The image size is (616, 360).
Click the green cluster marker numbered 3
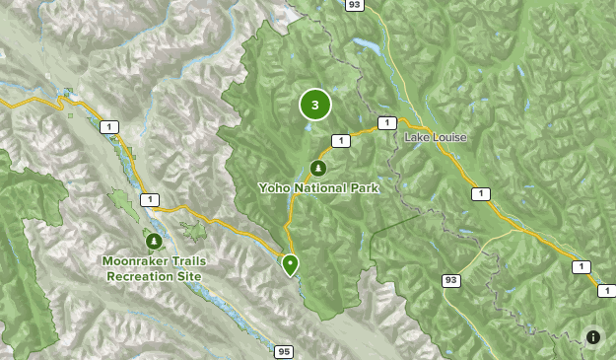click(314, 105)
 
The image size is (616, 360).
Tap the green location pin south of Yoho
click(290, 264)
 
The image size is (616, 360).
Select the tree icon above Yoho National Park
click(317, 169)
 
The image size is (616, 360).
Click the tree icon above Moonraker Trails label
click(153, 240)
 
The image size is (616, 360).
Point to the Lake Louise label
click(435, 137)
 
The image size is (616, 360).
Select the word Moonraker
click(135, 260)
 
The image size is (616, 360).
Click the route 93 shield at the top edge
click(354, 6)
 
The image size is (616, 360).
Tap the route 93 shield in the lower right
click(451, 281)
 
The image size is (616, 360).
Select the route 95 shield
click(284, 351)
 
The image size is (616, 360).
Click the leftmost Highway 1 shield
click(106, 126)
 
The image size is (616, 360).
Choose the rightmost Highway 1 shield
click(580, 267)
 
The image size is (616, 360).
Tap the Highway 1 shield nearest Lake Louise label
click(386, 123)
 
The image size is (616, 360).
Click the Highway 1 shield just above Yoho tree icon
click(340, 142)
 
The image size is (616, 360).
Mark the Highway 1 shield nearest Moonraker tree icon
click(148, 200)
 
